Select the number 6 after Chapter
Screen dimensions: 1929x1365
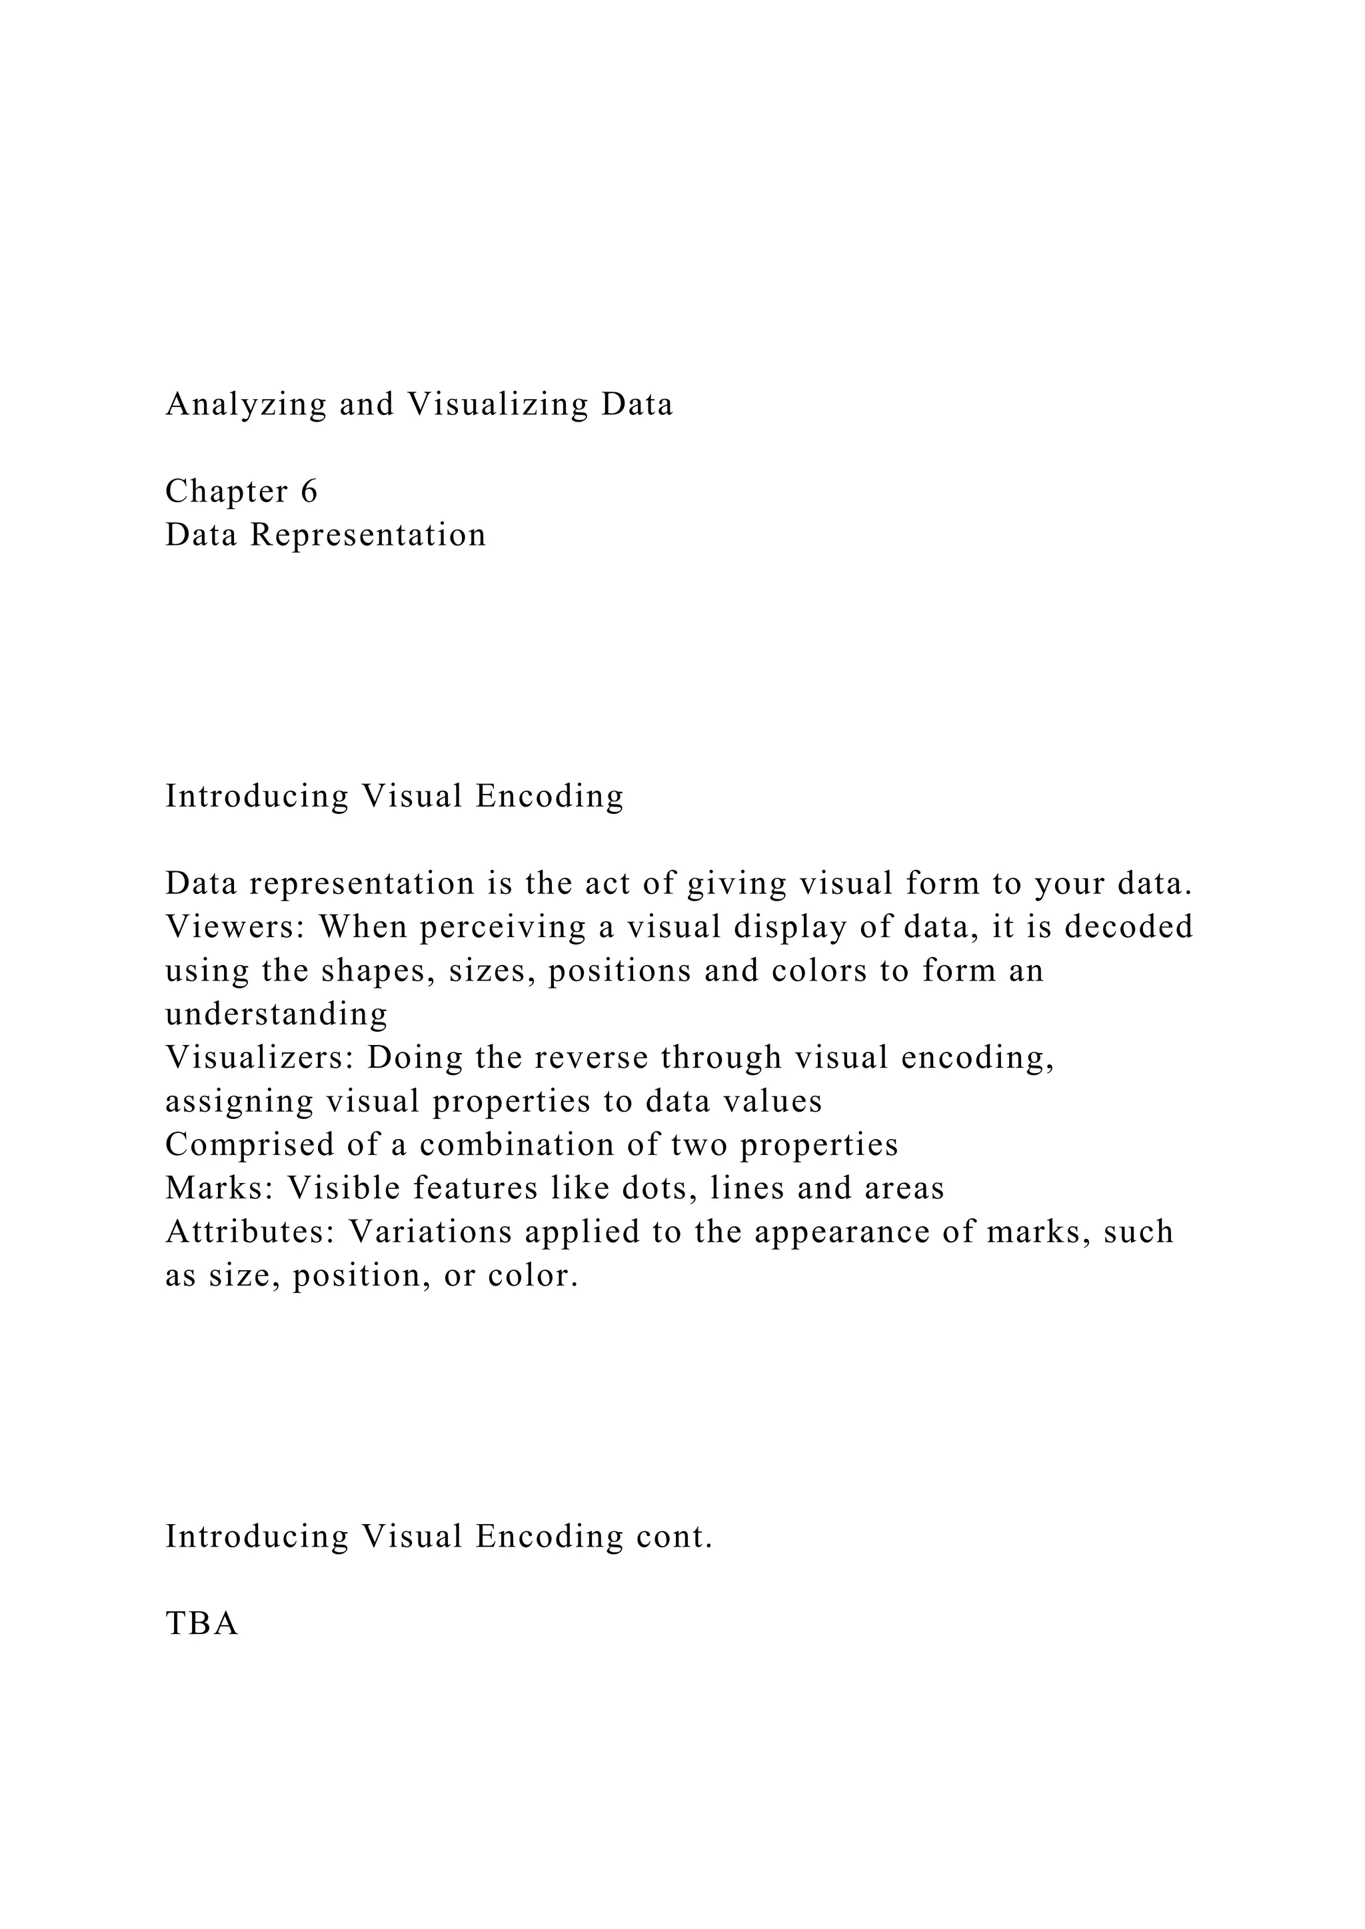click(x=309, y=492)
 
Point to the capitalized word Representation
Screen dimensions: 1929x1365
click(x=367, y=535)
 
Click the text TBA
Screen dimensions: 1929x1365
click(x=202, y=1623)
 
